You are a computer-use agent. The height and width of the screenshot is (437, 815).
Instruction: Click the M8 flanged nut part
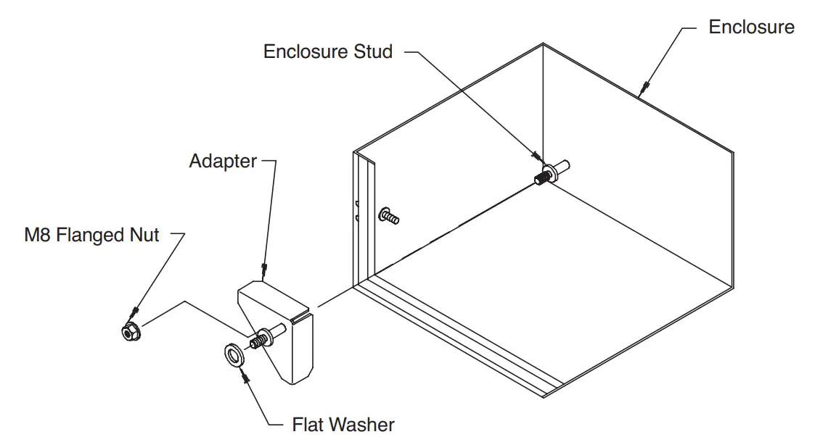tap(131, 333)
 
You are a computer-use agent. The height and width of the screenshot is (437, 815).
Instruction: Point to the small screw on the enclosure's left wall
tap(389, 216)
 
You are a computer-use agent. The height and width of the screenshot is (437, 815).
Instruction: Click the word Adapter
tap(223, 161)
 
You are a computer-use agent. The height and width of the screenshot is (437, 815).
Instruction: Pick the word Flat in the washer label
tap(307, 424)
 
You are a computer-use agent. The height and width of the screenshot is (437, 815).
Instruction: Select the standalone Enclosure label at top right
tap(751, 28)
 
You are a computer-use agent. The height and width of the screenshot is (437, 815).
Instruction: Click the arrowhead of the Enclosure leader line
tap(642, 91)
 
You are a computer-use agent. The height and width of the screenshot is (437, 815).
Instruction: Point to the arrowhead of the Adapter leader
tap(265, 272)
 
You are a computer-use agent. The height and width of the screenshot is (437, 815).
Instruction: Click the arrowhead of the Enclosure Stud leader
tap(536, 156)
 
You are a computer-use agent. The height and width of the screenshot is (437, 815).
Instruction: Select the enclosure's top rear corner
tap(543, 43)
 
